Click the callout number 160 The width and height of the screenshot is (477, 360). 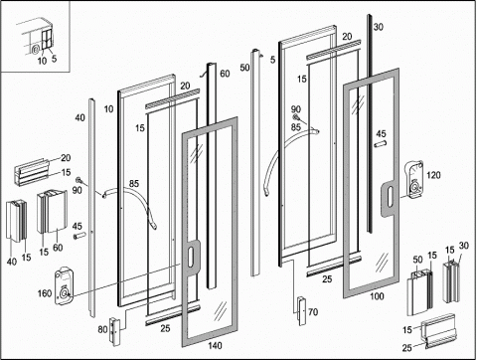[x=45, y=293]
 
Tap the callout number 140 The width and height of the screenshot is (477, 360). [x=215, y=346]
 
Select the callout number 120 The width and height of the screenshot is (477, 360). [x=433, y=175]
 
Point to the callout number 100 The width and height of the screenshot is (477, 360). [x=377, y=296]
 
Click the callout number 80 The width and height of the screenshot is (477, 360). [x=102, y=329]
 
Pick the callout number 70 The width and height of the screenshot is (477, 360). [x=313, y=312]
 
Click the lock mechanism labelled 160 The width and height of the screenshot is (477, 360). [x=64, y=286]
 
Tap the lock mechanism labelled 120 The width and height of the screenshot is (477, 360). [x=414, y=180]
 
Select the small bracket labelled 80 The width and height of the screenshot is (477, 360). [x=114, y=332]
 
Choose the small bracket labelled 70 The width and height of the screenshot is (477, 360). [x=301, y=311]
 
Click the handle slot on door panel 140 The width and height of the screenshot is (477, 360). [x=191, y=258]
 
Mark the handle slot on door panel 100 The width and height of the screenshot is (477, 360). [x=390, y=198]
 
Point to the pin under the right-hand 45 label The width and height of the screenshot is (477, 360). [x=381, y=144]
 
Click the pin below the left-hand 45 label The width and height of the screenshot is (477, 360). [x=79, y=236]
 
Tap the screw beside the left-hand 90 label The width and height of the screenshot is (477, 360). [x=79, y=180]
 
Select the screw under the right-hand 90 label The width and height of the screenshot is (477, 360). [x=296, y=116]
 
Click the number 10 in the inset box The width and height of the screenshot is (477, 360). [x=42, y=61]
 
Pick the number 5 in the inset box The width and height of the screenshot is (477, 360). [x=54, y=59]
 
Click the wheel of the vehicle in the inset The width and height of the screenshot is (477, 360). [x=36, y=50]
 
